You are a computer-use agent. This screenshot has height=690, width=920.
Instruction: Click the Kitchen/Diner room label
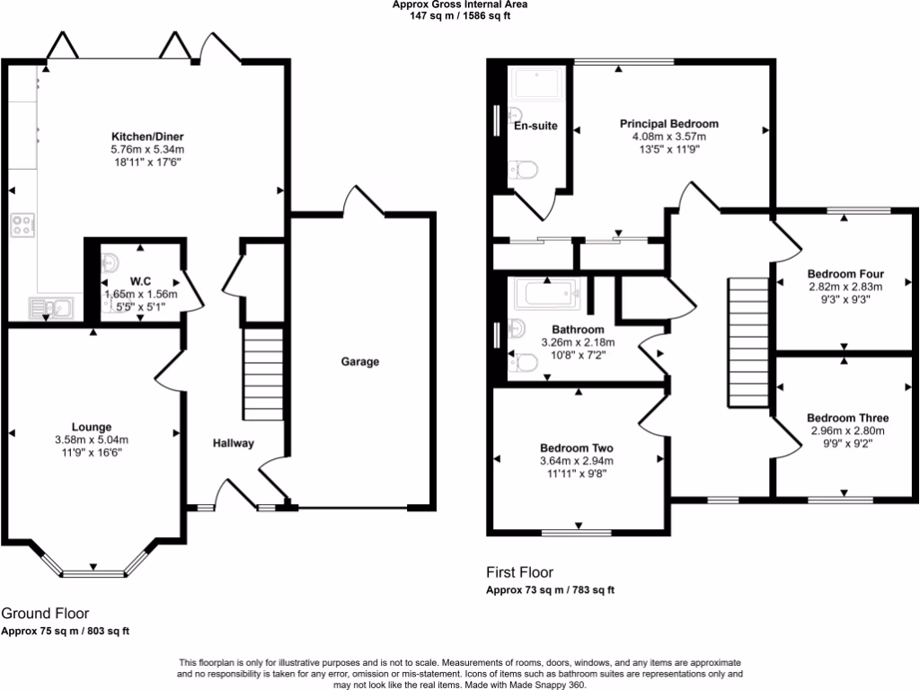(146, 136)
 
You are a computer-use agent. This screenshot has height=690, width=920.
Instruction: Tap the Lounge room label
(92, 427)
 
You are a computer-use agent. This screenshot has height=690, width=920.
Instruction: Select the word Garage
(359, 362)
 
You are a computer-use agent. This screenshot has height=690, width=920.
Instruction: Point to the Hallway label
(234, 443)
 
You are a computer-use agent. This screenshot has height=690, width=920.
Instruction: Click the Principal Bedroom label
(669, 124)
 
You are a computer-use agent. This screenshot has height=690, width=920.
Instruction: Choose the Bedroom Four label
(845, 274)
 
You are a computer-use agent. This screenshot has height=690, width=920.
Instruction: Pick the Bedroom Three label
(847, 418)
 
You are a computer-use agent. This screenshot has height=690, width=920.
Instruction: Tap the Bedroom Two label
(576, 448)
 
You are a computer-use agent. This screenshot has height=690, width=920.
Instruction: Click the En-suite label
(535, 126)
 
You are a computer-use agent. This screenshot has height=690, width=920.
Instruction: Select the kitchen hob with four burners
(22, 224)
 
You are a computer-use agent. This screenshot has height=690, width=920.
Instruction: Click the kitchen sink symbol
(51, 308)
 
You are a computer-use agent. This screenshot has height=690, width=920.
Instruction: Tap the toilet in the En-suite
(522, 170)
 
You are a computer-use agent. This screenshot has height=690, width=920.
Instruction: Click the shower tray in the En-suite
(535, 84)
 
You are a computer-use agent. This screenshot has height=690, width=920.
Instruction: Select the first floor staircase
(745, 341)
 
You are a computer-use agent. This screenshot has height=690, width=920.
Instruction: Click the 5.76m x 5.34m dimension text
(146, 149)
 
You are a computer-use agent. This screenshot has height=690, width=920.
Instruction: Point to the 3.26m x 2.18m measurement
(578, 342)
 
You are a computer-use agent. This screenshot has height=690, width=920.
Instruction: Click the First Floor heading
(519, 572)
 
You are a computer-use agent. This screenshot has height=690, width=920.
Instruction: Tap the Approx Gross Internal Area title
(459, 4)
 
